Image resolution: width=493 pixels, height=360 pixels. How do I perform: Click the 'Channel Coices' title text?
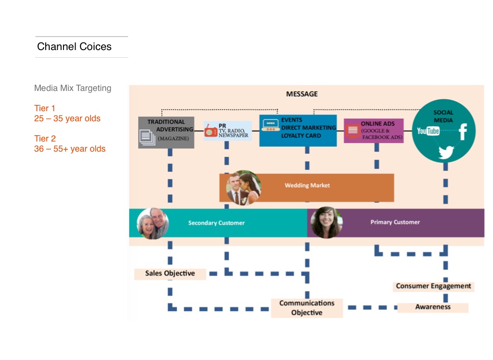(74, 47)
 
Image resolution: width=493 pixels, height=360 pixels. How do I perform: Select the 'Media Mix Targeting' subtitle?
(73, 88)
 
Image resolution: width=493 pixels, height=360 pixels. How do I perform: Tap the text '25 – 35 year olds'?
(67, 118)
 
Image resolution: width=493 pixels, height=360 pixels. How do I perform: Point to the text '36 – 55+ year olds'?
(70, 149)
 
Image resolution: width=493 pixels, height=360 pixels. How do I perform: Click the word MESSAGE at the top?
(302, 94)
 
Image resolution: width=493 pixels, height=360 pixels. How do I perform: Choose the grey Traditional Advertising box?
(166, 132)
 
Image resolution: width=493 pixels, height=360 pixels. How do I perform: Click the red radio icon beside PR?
(211, 131)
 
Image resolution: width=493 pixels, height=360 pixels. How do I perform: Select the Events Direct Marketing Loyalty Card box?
(298, 130)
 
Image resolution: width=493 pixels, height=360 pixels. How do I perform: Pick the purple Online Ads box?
(374, 131)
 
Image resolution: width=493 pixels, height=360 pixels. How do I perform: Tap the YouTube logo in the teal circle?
(428, 131)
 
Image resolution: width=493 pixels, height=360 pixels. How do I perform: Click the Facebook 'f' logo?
(463, 131)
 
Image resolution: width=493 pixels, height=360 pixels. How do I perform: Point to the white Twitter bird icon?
(446, 152)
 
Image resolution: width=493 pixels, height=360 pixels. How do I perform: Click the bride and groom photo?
(244, 188)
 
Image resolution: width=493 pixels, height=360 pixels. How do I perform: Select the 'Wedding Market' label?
(307, 185)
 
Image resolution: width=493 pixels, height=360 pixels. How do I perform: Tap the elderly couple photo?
(153, 223)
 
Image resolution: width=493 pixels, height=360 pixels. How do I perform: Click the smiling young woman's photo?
(326, 222)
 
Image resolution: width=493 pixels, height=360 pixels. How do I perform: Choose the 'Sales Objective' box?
(170, 273)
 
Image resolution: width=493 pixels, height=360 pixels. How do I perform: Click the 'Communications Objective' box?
(307, 308)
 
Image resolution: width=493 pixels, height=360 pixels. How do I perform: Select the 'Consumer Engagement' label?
(434, 286)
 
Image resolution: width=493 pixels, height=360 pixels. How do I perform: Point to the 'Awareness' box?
(433, 307)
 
